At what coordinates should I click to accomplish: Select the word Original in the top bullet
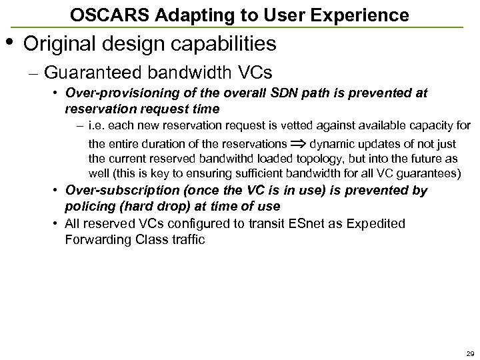coord(61,44)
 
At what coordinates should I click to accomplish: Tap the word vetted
coord(299,125)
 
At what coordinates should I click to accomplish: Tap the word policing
coord(87,206)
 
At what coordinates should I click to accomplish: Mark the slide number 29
coord(470,353)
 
